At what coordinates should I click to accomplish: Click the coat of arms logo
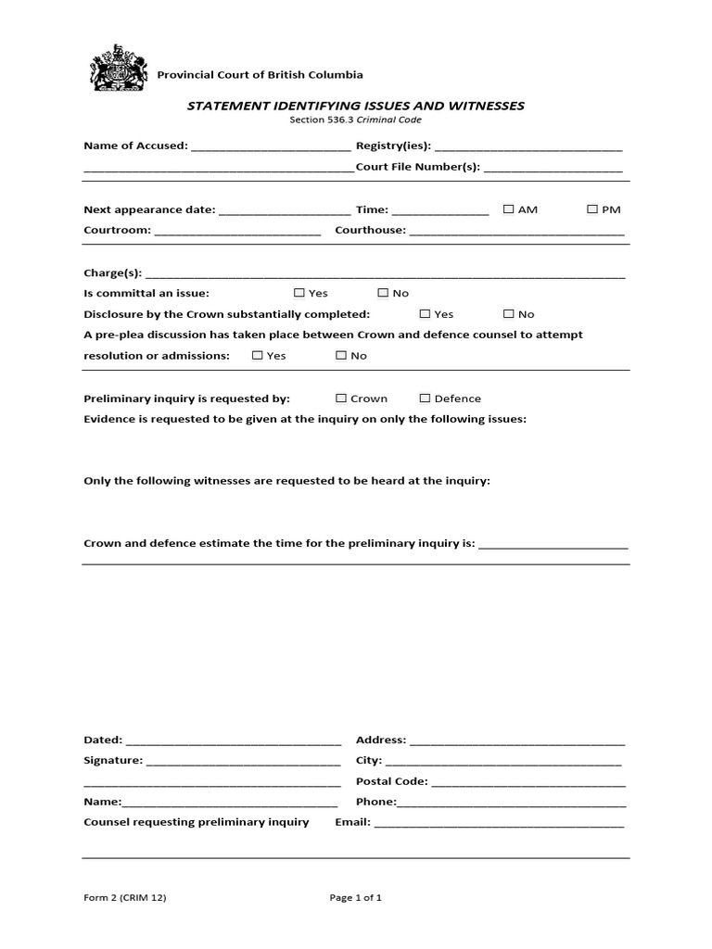(118, 70)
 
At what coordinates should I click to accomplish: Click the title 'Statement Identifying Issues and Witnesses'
(356, 106)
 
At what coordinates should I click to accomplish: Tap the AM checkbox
(508, 209)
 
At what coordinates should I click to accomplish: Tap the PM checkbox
(592, 209)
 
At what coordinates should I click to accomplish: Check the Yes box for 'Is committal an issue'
(299, 293)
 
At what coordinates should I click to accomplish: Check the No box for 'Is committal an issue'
(383, 293)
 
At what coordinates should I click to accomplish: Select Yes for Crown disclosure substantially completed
(425, 314)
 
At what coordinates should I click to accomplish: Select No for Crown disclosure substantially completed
(509, 314)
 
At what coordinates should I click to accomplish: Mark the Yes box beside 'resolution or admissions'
(257, 355)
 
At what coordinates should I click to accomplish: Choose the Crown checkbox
(341, 399)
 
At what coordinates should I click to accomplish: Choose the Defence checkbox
(425, 399)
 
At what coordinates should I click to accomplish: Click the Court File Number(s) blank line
(553, 170)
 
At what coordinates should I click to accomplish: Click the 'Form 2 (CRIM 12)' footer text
(125, 897)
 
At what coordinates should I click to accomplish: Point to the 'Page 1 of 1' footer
(356, 897)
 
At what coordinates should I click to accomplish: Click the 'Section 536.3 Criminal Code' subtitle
(356, 120)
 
